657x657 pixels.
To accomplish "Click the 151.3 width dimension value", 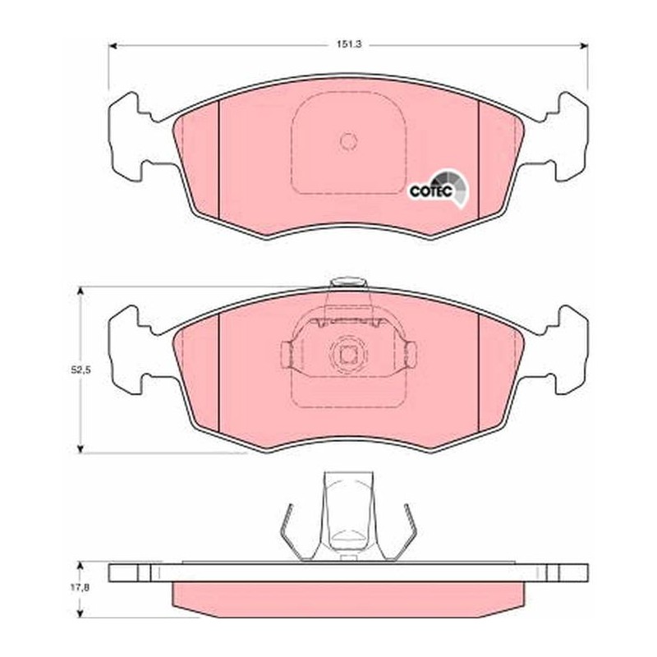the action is point(349,44).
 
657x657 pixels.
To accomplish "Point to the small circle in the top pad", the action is point(348,140).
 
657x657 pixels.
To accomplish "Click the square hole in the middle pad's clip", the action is point(347,356).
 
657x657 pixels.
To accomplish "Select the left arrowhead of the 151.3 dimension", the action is point(113,46).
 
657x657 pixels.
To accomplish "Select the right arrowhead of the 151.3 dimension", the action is point(584,46).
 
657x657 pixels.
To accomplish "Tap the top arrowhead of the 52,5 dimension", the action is point(80,292).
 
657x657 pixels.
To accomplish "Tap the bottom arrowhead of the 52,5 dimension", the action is point(80,448).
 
